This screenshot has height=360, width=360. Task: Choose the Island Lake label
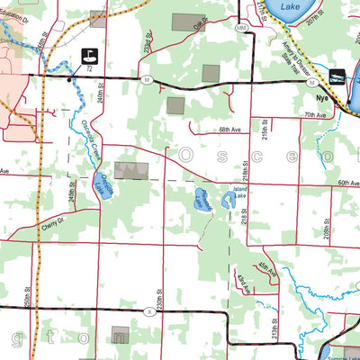pyautogui.click(x=238, y=196)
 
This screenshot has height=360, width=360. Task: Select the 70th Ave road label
pyautogui.click(x=314, y=115)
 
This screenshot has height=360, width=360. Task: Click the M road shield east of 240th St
pyautogui.click(x=145, y=81)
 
